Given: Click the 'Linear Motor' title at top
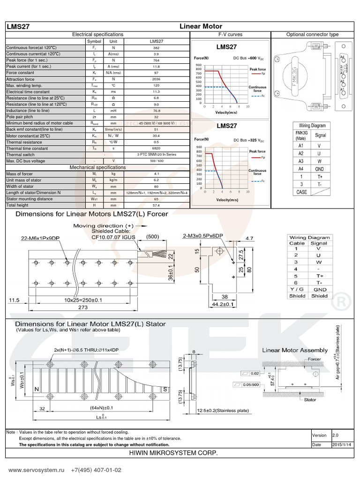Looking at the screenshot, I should pos(201,26).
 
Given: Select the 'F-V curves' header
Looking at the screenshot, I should pos(230,35).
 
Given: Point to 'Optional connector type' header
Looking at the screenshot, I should pos(312,35).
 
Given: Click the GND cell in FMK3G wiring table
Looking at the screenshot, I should pos(320,169).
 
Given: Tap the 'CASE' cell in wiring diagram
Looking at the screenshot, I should pos(301,192).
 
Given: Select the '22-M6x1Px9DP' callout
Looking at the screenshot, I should pos(41,238).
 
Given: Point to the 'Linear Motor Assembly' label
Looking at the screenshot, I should pos(294,350).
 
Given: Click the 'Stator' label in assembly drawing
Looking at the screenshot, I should pos(310,400).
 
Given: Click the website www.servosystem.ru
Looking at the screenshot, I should pos(36,470).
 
